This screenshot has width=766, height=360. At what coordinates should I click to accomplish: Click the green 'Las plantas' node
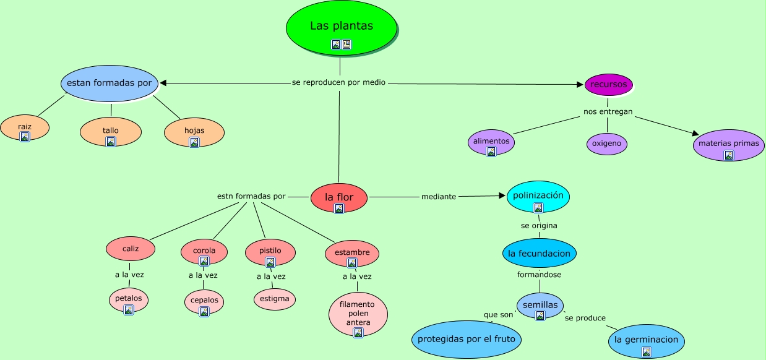point(342,28)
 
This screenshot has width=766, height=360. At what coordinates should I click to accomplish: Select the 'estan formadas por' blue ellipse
point(110,84)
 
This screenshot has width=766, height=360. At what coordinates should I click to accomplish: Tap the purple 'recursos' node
point(609,85)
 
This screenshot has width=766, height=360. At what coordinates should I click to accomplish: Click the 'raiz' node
point(25,128)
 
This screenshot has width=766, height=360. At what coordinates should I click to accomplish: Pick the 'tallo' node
point(111,132)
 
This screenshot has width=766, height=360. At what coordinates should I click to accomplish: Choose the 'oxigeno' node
point(606,144)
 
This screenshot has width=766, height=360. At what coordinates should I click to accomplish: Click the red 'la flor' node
point(339,198)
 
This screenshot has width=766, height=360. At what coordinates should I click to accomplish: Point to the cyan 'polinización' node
point(538,197)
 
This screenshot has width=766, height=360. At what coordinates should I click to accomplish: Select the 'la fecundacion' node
point(540,253)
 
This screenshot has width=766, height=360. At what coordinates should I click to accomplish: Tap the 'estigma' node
point(274,299)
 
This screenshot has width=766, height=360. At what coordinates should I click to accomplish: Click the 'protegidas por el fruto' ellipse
point(466,339)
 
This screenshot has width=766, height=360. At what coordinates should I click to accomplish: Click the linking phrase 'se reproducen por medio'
point(338,82)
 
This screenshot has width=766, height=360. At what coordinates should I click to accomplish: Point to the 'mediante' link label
point(439,197)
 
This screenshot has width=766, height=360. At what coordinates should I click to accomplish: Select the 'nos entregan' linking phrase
point(608,111)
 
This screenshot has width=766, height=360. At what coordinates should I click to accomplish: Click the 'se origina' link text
point(539,226)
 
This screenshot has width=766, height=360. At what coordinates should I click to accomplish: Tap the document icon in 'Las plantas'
point(346,45)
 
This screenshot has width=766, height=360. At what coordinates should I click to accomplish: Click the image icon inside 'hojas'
point(194,142)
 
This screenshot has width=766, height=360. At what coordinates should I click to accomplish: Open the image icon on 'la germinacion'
point(647,352)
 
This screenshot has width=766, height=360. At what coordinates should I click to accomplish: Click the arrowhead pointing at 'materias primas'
point(695,133)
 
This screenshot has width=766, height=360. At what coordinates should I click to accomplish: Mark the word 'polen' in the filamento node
point(358,314)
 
